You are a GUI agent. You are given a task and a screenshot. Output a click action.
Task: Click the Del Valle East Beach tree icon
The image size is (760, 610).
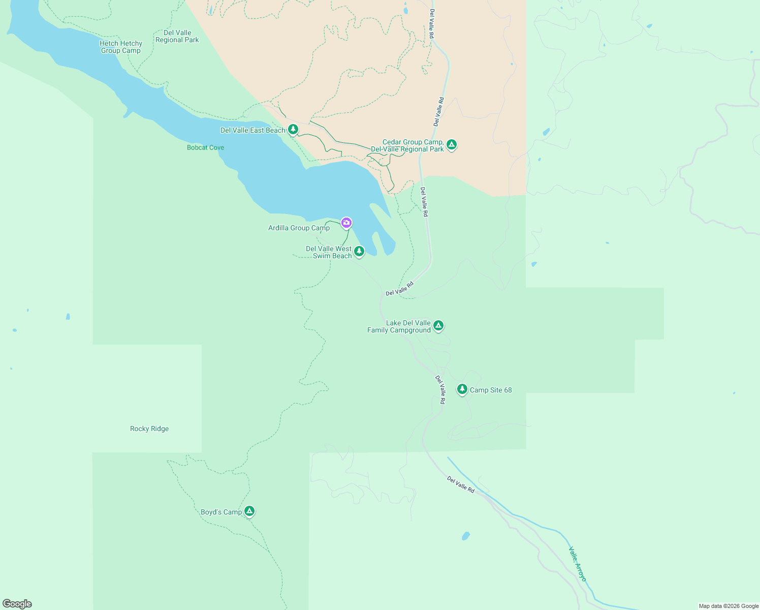pos(293,129)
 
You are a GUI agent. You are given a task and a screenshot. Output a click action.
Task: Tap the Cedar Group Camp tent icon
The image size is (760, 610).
pos(451,144)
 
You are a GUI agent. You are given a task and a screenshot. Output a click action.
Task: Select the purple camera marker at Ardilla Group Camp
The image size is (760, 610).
pos(346,222)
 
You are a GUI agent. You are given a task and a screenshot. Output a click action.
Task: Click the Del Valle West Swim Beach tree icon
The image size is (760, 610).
pos(359,251)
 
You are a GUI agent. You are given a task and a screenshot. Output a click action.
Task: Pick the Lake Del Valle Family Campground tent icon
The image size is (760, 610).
pos(438,325)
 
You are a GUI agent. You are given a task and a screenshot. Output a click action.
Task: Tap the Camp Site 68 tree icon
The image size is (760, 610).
pos(462,389)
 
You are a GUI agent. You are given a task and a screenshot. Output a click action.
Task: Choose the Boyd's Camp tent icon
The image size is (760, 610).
pos(249,511)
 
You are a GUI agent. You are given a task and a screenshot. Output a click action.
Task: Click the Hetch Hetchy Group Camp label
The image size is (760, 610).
pos(121,47)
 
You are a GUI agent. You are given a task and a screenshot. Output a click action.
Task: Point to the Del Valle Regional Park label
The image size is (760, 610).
pos(177,37)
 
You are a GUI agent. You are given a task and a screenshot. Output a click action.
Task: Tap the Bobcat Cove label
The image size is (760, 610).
pos(205,148)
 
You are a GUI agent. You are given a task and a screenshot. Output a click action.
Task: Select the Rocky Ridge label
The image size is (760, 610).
pos(149,429)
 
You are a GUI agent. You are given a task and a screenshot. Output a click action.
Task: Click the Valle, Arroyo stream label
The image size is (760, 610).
pos(578,564)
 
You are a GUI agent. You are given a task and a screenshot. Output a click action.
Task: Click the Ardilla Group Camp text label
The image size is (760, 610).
pos(299,228)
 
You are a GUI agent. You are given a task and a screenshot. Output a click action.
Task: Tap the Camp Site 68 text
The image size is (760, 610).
pos(491,390)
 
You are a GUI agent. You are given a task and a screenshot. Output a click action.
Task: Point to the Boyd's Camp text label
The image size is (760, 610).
pos(221,512)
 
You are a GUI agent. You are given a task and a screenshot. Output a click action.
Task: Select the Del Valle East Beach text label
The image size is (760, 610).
pos(252,131)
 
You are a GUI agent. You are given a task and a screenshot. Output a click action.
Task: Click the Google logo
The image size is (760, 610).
pos(17,604)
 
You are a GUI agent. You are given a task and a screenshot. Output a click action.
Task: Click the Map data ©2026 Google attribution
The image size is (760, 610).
pos(729,606)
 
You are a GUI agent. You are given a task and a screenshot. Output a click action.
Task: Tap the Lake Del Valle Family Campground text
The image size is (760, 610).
pos(399,327)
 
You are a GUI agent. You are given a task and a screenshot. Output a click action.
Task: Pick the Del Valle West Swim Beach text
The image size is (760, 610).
pos(329,253)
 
